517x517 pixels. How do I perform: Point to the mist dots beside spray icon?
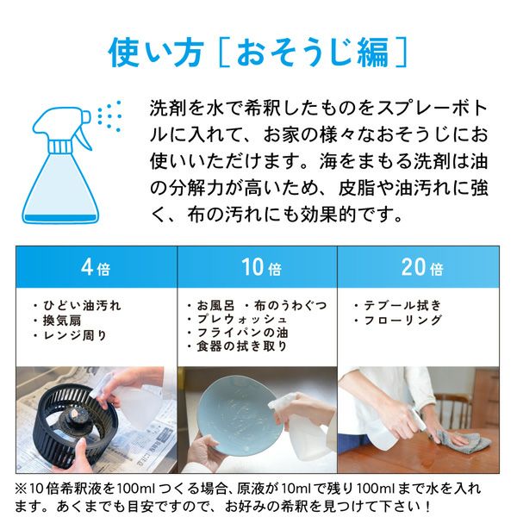click(109, 115)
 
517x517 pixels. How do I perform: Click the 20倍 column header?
click(421, 267)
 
